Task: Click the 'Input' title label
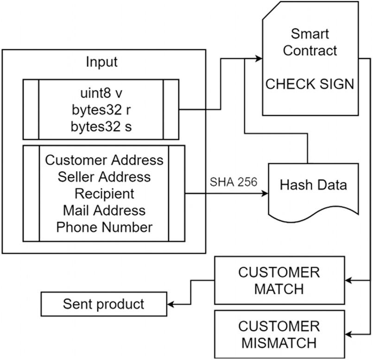pyautogui.click(x=101, y=62)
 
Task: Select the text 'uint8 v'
pyautogui.click(x=101, y=93)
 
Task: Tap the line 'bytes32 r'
pyautogui.click(x=101, y=110)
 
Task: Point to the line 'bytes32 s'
pyautogui.click(x=101, y=127)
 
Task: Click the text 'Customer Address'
pyautogui.click(x=104, y=160)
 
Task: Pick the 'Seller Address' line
pyautogui.click(x=104, y=177)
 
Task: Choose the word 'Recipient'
pyautogui.click(x=104, y=193)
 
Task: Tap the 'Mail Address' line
pyautogui.click(x=104, y=211)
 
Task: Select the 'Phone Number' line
pyautogui.click(x=104, y=227)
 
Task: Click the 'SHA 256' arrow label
pyautogui.click(x=234, y=182)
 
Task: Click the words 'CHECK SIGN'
pyautogui.click(x=310, y=84)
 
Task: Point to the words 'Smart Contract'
pyautogui.click(x=310, y=42)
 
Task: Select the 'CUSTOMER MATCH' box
pyautogui.click(x=279, y=281)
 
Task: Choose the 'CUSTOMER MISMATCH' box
pyautogui.click(x=279, y=334)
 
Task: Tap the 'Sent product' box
pyautogui.click(x=104, y=304)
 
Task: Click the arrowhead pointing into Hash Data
pyautogui.click(x=265, y=193)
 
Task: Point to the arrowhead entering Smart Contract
pyautogui.click(x=259, y=58)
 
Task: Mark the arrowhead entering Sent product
pyautogui.click(x=171, y=304)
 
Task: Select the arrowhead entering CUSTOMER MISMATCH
pyautogui.click(x=348, y=334)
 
